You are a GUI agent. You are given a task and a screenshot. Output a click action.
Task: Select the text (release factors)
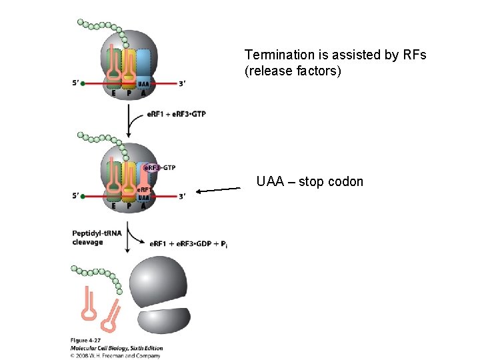pyautogui.click(x=293, y=70)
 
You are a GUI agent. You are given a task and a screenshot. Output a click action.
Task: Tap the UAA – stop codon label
pyautogui.click(x=310, y=181)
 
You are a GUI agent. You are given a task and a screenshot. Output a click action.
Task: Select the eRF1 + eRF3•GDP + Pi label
pyautogui.click(x=189, y=245)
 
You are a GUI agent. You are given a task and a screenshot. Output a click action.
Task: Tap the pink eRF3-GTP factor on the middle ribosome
pyautogui.click(x=160, y=168)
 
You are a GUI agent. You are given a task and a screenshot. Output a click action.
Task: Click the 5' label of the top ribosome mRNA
pyautogui.click(x=76, y=83)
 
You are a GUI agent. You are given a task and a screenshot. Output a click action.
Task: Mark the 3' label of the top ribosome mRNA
pyautogui.click(x=183, y=83)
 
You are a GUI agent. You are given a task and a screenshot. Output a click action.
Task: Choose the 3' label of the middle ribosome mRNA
pyautogui.click(x=183, y=196)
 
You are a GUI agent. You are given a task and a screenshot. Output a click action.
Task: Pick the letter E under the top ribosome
pyautogui.click(x=114, y=94)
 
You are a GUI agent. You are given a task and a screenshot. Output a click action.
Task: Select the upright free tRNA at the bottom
pyautogui.click(x=89, y=305)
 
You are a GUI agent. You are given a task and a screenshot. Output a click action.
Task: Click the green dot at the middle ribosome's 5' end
pyautogui.click(x=83, y=196)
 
